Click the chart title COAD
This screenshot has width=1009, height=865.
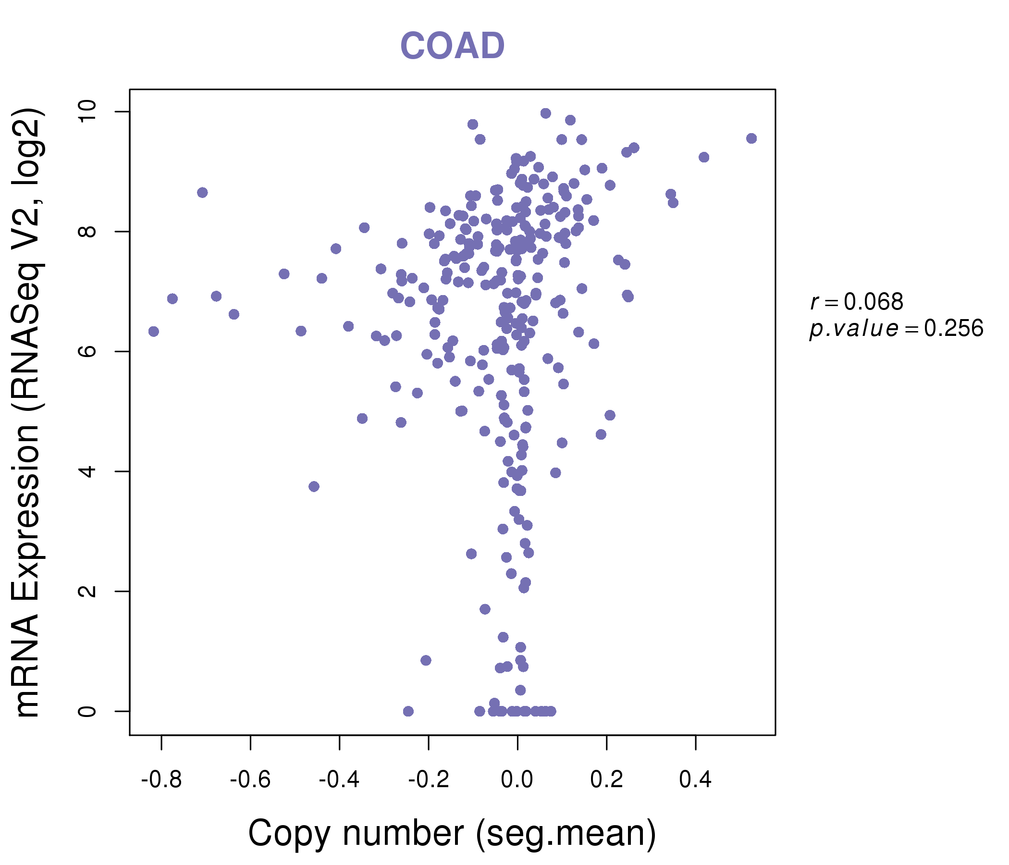pos(452,46)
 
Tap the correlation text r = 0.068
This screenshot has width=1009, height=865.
pos(857,302)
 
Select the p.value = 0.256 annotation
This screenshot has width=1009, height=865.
pos(896,329)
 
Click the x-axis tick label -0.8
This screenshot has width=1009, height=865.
pos(161,780)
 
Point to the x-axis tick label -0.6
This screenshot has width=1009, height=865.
pos(250,780)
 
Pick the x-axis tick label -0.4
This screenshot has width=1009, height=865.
pos(339,780)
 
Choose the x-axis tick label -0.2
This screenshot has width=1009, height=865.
pos(429,780)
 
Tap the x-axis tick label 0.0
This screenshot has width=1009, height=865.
pos(517,780)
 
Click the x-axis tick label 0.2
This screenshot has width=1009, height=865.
pos(606,780)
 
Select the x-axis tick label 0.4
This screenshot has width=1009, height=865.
pos(695,780)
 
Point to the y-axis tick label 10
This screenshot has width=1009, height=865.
pos(87,112)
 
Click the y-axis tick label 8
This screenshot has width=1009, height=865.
pos(87,231)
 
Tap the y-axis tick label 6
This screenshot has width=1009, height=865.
pos(87,351)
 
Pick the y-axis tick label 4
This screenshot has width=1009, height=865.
pos(87,471)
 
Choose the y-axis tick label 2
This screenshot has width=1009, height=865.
pos(87,591)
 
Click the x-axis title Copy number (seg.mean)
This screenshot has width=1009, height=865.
pos(452,833)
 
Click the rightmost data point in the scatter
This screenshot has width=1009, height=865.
pos(751,138)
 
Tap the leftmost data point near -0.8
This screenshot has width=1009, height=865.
pos(153,331)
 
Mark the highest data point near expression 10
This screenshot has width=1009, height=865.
pos(545,113)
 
